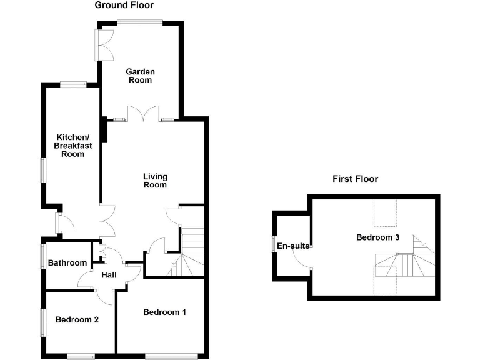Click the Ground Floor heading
click(124, 5)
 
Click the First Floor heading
click(355, 179)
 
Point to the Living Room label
click(155, 181)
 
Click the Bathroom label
click(67, 263)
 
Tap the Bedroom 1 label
click(164, 312)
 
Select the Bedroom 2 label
click(77, 320)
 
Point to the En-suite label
click(293, 246)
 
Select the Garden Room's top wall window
click(139, 23)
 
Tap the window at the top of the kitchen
click(74, 84)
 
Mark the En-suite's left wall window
click(273, 245)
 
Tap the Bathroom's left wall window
click(43, 256)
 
